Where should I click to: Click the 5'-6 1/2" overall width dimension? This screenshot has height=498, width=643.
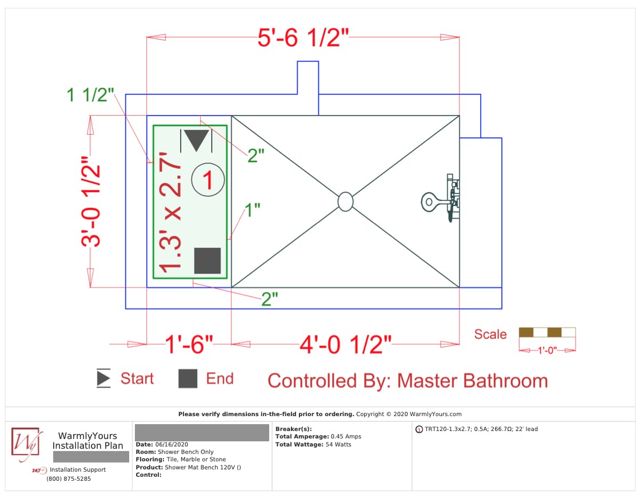[x=303, y=38]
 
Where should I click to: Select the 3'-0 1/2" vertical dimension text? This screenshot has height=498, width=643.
[x=91, y=201]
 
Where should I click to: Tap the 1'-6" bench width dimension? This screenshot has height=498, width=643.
[x=189, y=344]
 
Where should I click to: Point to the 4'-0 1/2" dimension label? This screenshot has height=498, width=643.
[x=345, y=344]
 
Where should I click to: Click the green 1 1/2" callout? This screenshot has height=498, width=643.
[x=90, y=95]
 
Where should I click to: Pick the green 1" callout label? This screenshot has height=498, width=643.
[x=253, y=210]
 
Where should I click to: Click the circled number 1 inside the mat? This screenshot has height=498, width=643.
[x=208, y=180]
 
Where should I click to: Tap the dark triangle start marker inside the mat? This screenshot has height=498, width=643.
[x=197, y=140]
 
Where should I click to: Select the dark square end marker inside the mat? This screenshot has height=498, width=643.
[x=207, y=260]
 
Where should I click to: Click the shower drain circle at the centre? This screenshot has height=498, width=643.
[x=345, y=201]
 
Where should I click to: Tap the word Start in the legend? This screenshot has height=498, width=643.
[x=137, y=378]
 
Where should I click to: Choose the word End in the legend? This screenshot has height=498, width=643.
[x=220, y=378]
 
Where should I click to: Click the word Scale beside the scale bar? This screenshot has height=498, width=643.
[x=490, y=334]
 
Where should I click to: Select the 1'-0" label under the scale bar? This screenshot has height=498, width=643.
[x=547, y=350]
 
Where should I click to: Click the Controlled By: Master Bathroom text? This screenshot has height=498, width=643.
[x=408, y=381]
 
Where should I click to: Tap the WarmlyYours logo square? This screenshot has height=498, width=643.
[x=25, y=441]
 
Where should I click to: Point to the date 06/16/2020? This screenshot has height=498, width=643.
[x=171, y=444]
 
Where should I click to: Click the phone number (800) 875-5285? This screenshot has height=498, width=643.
[x=69, y=479]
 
